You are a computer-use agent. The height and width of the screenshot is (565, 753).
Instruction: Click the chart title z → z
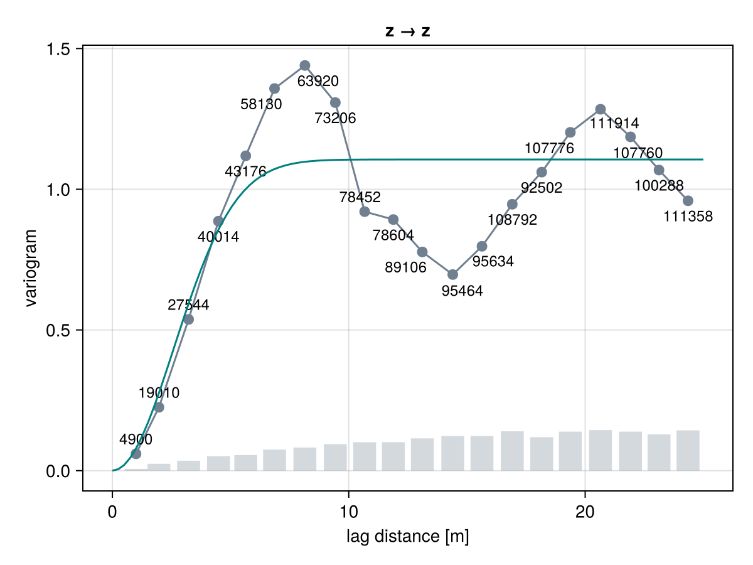[407, 31]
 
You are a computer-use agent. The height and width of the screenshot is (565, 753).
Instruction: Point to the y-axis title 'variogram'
[31, 268]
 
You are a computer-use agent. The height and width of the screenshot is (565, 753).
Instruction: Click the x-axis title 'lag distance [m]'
[407, 536]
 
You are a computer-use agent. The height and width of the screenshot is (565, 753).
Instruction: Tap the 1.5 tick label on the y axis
[58, 49]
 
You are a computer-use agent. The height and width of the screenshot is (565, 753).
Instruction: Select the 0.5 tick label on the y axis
[58, 330]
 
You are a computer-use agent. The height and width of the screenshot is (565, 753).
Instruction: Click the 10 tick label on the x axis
[348, 512]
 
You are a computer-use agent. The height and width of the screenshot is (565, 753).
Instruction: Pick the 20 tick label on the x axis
[585, 512]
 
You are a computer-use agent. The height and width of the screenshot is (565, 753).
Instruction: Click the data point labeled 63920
[304, 65]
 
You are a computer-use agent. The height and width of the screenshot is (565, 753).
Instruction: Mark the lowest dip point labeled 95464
[452, 274]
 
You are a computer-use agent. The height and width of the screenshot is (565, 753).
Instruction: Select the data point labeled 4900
[136, 454]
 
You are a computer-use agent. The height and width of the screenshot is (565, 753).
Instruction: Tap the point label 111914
[614, 123]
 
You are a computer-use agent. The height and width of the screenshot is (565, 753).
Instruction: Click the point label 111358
[688, 217]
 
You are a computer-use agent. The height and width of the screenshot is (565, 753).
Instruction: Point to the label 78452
[360, 197]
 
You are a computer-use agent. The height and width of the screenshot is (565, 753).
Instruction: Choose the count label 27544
[188, 304]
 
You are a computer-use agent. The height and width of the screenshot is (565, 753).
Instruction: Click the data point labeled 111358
[688, 201]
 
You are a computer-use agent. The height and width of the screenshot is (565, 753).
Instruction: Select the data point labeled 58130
[274, 89]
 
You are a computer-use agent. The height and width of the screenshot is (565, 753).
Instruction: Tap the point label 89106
[405, 267]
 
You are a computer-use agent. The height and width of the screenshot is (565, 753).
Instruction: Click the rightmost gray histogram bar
[688, 450]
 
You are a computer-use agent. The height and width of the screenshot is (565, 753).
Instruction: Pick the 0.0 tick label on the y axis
[58, 471]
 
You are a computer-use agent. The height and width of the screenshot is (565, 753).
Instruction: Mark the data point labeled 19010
[159, 407]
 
